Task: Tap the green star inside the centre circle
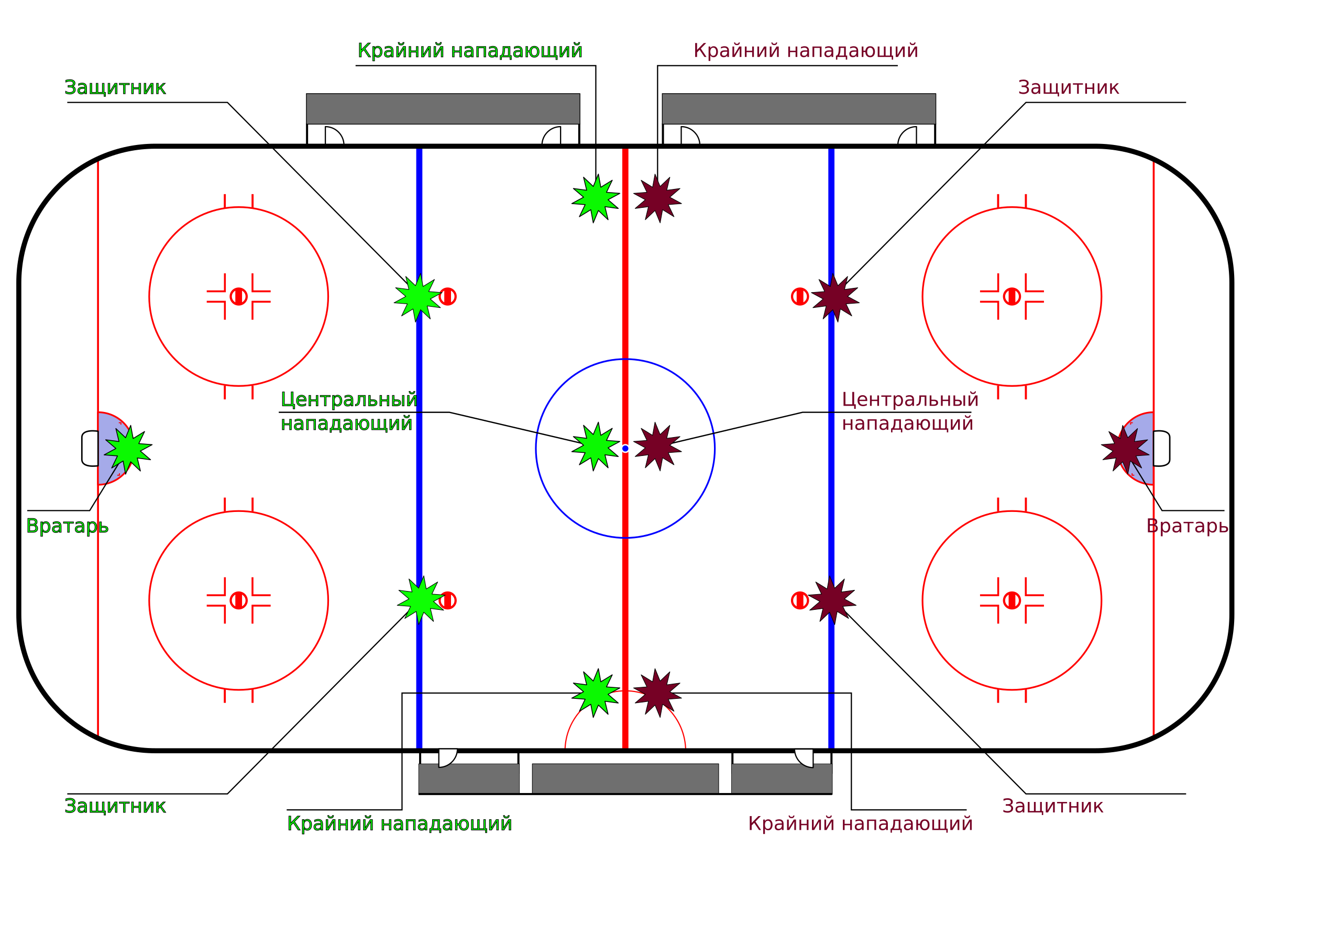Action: click(x=595, y=447)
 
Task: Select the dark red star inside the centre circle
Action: click(x=657, y=447)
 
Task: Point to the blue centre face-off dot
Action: click(x=625, y=448)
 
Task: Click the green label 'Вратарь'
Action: click(x=67, y=527)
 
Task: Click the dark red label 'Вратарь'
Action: click(x=1187, y=527)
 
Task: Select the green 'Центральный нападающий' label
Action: click(x=349, y=411)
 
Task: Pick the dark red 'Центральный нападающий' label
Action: click(x=910, y=411)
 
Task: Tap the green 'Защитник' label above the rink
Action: click(x=115, y=87)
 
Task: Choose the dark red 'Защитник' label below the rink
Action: click(x=1052, y=806)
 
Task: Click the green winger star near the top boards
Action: click(x=595, y=198)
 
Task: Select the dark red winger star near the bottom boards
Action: click(x=657, y=694)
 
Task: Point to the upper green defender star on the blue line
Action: click(x=418, y=298)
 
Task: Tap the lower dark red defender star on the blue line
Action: click(x=832, y=600)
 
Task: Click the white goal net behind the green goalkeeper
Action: click(x=90, y=448)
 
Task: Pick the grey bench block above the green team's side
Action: click(x=443, y=108)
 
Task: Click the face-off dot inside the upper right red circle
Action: click(x=1012, y=296)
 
